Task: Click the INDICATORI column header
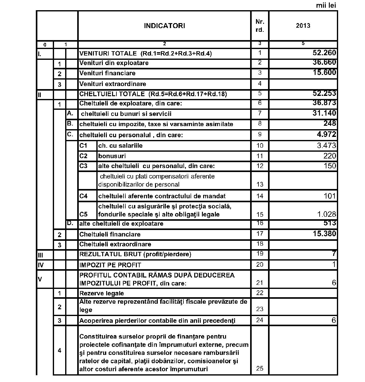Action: click(164, 26)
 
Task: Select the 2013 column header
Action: click(303, 26)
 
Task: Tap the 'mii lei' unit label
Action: click(326, 5)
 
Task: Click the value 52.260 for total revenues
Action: click(324, 53)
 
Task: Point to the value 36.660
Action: click(324, 62)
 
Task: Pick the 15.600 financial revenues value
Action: click(324, 72)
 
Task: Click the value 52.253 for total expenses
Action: click(324, 93)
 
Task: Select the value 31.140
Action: click(324, 113)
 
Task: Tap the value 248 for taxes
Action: click(330, 123)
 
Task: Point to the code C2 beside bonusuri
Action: click(83, 156)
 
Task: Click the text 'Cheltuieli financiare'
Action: click(110, 234)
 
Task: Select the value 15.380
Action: click(324, 234)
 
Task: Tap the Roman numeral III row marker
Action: click(40, 255)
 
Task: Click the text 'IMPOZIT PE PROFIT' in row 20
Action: click(110, 265)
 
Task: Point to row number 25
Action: click(260, 368)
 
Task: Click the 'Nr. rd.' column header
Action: click(260, 26)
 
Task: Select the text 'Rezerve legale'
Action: click(102, 293)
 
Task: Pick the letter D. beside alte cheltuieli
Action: click(70, 223)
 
